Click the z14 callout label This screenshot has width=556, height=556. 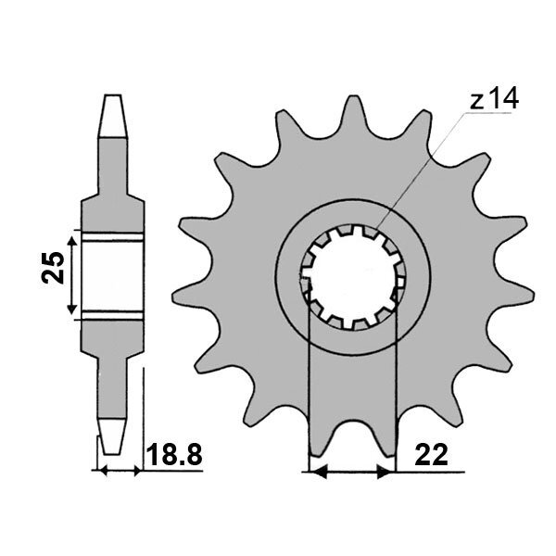point(494,99)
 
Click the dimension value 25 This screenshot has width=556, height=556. point(53,268)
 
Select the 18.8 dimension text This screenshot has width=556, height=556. point(174,455)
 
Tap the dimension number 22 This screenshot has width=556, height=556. point(431,455)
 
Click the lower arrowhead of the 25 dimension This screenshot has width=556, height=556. point(72,308)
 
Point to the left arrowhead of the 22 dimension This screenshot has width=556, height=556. point(318,473)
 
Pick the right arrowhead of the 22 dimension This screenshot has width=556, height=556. point(385,473)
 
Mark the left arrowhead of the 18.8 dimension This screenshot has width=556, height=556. point(103,472)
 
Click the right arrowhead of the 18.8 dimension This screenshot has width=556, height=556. point(137,472)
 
